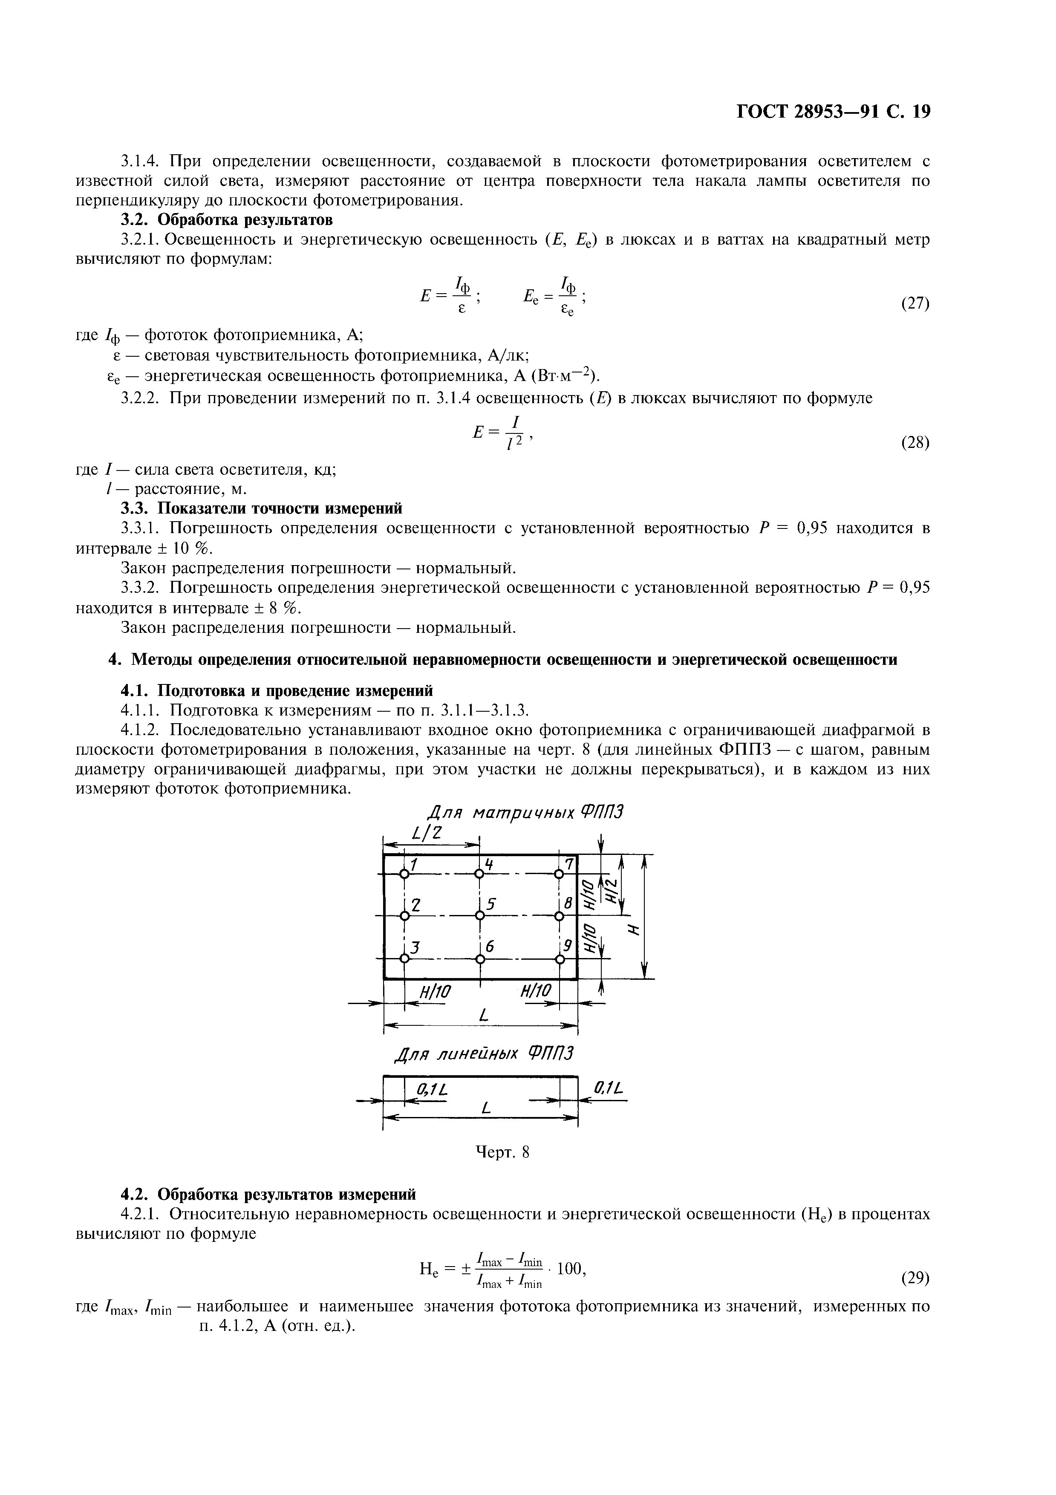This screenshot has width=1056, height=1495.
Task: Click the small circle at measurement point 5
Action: point(480,915)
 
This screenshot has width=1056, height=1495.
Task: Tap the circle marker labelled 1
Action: point(404,874)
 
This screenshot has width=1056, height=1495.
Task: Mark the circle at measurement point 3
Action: point(404,958)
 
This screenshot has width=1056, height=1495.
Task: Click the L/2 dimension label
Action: point(427,834)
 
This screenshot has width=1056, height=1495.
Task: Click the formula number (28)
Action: point(914,443)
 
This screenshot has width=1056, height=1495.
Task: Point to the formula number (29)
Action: point(914,1278)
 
